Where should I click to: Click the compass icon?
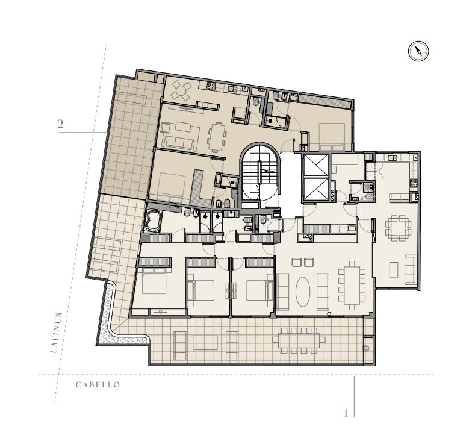(418, 51)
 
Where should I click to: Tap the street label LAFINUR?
(57, 332)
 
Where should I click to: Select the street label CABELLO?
(98, 384)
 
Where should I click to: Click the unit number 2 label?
(60, 124)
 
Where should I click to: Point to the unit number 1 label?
(346, 413)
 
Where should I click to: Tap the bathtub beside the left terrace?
(154, 221)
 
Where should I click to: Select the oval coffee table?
(302, 292)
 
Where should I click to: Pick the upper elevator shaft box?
(315, 166)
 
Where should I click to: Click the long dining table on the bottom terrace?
(299, 340)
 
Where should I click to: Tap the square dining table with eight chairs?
(399, 228)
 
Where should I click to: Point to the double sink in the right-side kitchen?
(392, 158)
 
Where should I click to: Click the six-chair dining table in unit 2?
(217, 137)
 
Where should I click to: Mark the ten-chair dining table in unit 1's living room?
(352, 286)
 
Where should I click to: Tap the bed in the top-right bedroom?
(332, 136)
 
